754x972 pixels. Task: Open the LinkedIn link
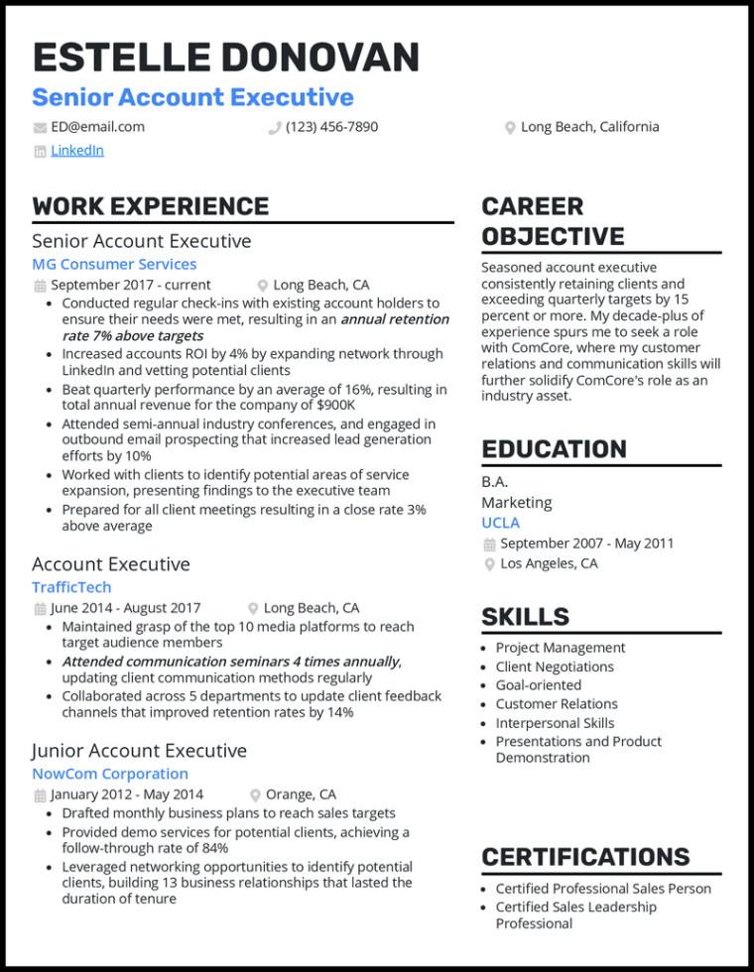[x=77, y=151]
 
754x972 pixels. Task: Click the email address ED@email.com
[x=97, y=127]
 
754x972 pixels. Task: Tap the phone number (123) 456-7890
[x=331, y=127]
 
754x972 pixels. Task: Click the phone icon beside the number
[x=275, y=128]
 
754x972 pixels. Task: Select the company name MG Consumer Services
[x=114, y=264]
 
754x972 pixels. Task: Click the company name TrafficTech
[x=70, y=587]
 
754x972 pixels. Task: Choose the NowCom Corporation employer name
[x=109, y=774]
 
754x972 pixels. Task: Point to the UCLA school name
[x=500, y=523]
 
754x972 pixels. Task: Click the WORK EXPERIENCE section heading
[x=150, y=206]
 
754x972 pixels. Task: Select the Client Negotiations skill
[x=555, y=667]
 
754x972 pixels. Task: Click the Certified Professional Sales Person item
[x=603, y=889]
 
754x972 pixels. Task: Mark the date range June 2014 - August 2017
[x=125, y=608]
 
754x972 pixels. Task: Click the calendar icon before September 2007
[x=489, y=545]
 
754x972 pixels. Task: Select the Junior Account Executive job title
[x=139, y=751]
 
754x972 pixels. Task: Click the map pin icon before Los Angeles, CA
[x=489, y=564]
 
